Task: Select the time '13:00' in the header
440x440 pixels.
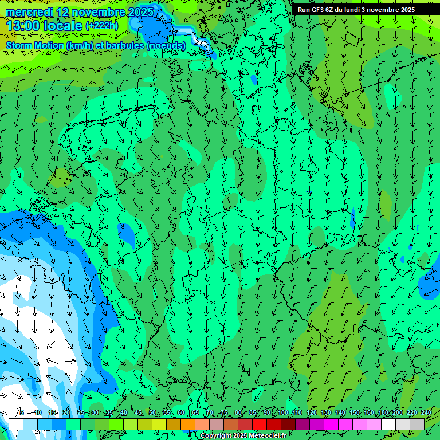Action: click(22, 26)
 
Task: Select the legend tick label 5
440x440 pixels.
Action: click(22, 412)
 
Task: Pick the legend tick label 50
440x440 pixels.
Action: click(152, 412)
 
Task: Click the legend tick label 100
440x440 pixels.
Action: click(282, 412)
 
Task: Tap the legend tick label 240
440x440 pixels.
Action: click(426, 412)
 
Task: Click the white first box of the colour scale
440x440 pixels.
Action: click(16, 424)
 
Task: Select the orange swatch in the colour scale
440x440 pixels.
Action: click(174, 424)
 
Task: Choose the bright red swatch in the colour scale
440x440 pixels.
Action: click(260, 424)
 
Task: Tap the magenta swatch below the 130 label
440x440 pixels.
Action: click(331, 424)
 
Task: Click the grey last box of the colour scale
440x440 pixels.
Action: click(417, 424)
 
